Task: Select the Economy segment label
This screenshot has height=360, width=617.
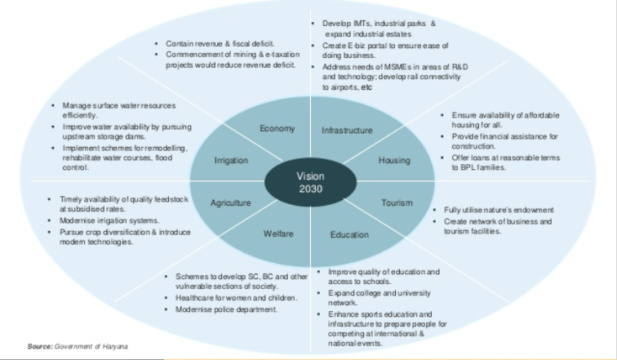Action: [277, 129]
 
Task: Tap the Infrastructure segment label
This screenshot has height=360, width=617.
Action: [347, 131]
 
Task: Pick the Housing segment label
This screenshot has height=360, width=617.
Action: [394, 161]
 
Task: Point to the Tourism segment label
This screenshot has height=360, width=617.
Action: [397, 202]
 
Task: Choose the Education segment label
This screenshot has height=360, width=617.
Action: [349, 235]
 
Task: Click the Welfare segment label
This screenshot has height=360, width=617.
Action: [277, 234]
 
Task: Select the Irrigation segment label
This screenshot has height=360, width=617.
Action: [231, 161]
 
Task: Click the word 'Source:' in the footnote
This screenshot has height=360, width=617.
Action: [39, 346]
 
